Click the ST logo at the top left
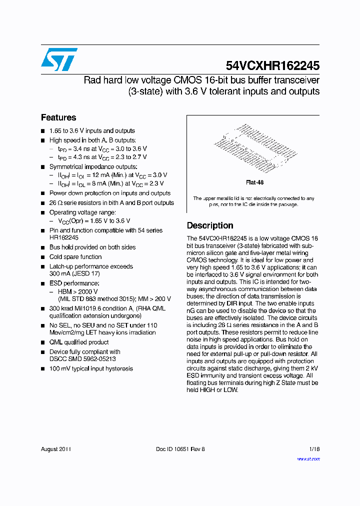click(59, 59)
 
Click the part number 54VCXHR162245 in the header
click(272, 65)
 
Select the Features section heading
click(58, 117)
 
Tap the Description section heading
click(210, 225)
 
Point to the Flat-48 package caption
click(254, 183)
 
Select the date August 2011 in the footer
click(56, 449)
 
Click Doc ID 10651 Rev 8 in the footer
click(180, 449)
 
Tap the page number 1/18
click(314, 449)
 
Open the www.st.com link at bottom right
click(308, 458)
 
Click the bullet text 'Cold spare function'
click(75, 257)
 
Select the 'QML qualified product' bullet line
click(79, 342)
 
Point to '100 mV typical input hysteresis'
click(91, 368)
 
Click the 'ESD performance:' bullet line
click(74, 283)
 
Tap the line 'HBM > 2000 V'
click(78, 291)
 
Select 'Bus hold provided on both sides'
click(92, 247)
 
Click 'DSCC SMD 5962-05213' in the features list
click(82, 358)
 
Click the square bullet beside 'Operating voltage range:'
click(43, 212)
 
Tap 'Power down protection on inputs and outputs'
click(110, 193)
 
